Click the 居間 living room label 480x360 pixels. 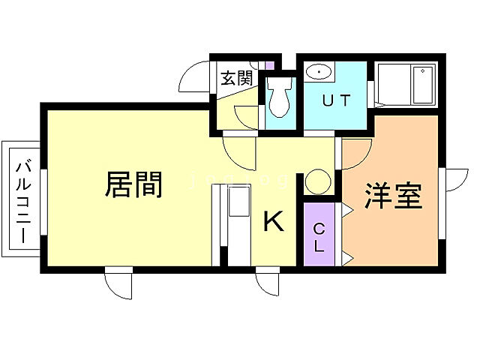[134, 184]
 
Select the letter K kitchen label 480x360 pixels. [274, 221]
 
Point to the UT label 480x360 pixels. [335, 100]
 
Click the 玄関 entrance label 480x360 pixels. [235, 78]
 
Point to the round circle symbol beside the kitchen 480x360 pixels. [318, 182]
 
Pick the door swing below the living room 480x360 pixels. [119, 283]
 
